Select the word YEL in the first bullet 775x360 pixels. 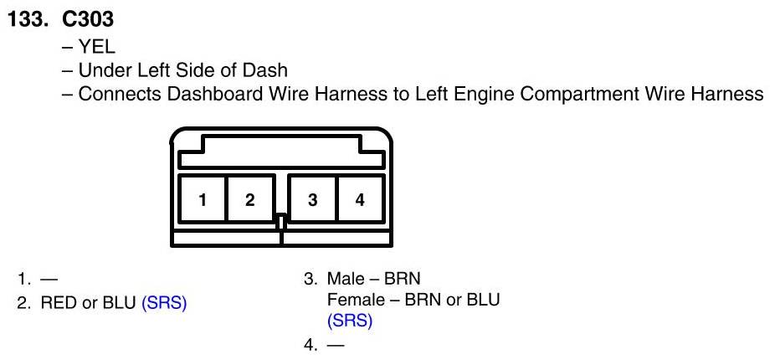(x=97, y=47)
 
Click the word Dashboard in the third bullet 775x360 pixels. (x=212, y=94)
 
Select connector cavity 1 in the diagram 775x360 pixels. (x=203, y=199)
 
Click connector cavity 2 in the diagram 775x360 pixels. (x=249, y=199)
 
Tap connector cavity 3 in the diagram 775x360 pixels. (x=312, y=199)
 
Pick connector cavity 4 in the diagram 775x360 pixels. (x=360, y=199)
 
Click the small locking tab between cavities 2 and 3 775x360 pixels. (x=281, y=223)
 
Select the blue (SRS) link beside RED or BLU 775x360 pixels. (x=164, y=302)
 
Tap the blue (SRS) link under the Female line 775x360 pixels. (x=350, y=321)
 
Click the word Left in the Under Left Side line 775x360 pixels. (x=146, y=70)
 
